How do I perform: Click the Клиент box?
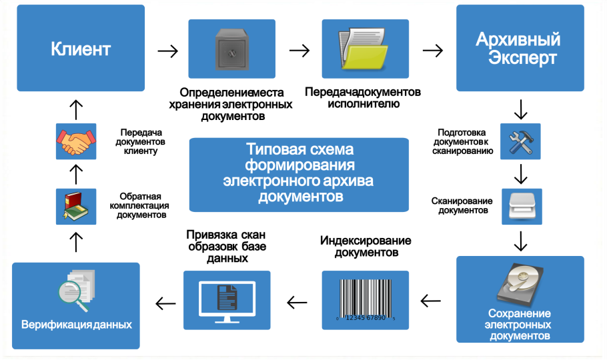click(x=81, y=49)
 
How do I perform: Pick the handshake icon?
click(x=75, y=141)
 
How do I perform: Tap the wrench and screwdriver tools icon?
click(x=520, y=141)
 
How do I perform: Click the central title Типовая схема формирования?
click(x=297, y=173)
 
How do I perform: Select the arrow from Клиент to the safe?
click(x=167, y=51)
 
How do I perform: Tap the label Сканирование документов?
click(x=462, y=205)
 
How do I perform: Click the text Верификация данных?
click(x=76, y=325)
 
